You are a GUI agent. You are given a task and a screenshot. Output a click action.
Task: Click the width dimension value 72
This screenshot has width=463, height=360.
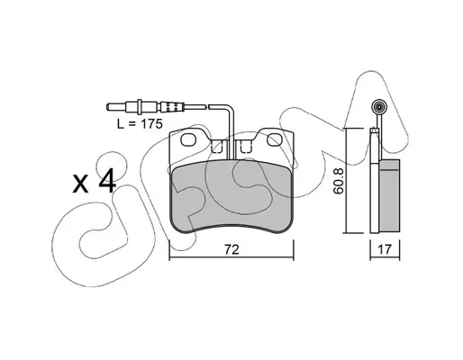(231, 249)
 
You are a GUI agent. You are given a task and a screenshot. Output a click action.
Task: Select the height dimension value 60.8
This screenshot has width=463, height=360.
(338, 181)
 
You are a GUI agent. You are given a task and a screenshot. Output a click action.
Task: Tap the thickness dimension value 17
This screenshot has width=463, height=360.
(385, 249)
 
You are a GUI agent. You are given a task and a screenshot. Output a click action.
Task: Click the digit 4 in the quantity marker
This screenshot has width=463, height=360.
(106, 180)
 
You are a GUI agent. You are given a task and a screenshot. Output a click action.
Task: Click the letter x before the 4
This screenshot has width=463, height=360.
(81, 184)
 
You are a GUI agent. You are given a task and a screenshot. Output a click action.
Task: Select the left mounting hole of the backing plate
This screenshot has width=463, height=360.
(188, 139)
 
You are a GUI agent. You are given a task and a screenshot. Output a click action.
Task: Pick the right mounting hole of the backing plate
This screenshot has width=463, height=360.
(274, 139)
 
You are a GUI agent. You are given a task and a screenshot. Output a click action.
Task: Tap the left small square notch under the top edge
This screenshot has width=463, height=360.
(217, 147)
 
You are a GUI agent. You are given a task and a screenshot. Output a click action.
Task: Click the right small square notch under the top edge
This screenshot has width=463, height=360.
(246, 147)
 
